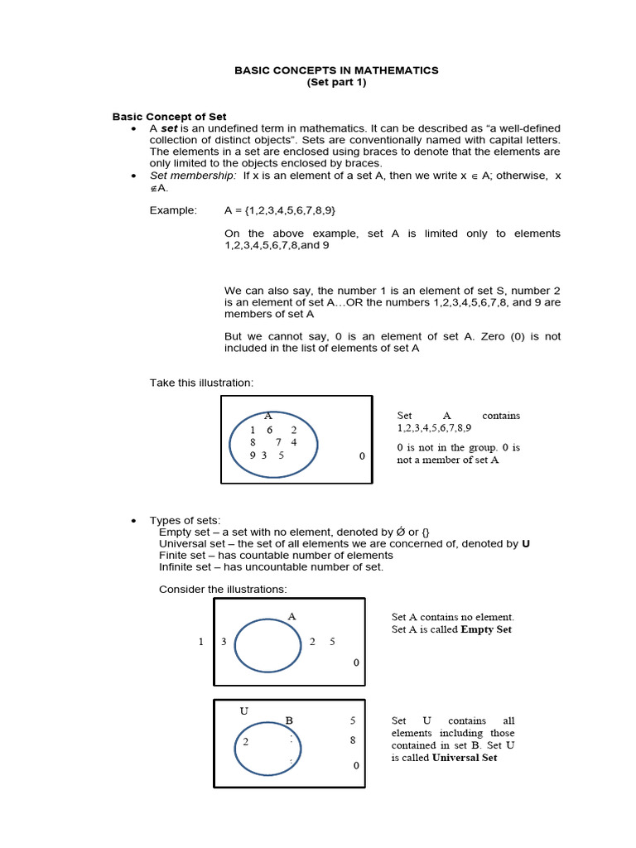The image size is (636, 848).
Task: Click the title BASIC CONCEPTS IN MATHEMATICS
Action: [336, 70]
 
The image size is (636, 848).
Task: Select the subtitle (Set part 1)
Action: [336, 83]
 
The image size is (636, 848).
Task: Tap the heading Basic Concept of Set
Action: [169, 117]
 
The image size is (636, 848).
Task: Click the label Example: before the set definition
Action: [173, 211]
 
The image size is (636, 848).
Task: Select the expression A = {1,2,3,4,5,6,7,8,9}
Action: [280, 211]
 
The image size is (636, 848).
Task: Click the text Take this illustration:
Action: [201, 382]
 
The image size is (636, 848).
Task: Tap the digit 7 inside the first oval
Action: [279, 442]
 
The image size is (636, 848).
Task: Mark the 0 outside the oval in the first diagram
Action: [361, 456]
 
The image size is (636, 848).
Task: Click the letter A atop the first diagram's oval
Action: [267, 416]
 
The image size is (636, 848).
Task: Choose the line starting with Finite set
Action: [276, 555]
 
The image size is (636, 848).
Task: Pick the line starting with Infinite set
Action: [271, 566]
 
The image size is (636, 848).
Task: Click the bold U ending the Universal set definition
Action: [525, 543]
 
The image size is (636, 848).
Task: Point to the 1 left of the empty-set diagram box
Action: [200, 642]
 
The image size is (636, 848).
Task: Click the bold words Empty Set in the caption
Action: [486, 629]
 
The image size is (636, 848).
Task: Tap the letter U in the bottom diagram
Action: [243, 711]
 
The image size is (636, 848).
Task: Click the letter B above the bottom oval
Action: [289, 720]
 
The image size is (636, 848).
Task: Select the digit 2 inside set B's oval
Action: [246, 742]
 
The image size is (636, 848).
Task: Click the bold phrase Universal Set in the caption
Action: [465, 758]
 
